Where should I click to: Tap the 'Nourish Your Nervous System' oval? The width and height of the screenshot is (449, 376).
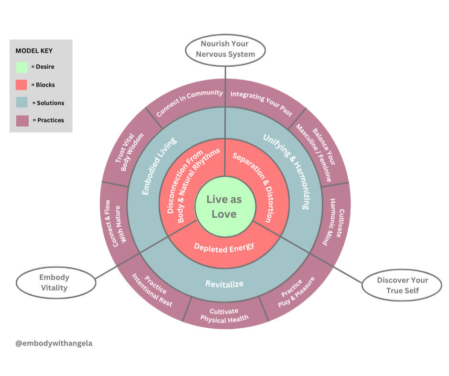pos(225,49)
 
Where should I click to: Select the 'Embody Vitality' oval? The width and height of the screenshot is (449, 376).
pos(55,282)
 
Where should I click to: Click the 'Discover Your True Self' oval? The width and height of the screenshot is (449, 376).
pos(402,285)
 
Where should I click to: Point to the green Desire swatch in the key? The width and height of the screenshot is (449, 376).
pos(22,66)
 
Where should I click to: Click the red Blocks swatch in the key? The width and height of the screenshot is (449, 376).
pos(22,85)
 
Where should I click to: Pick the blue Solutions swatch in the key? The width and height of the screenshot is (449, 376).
pos(22,102)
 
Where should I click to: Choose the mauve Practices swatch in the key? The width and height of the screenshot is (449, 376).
pos(22,120)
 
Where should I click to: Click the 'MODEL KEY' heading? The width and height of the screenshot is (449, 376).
pos(34,51)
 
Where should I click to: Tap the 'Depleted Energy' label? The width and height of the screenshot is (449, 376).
pos(224,247)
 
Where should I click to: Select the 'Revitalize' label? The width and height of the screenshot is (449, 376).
pos(224,284)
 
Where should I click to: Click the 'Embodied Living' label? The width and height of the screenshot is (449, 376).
pos(159,166)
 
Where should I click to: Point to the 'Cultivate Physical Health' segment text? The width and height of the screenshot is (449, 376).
pos(224,315)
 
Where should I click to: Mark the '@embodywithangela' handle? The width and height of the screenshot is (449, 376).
pos(54,343)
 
